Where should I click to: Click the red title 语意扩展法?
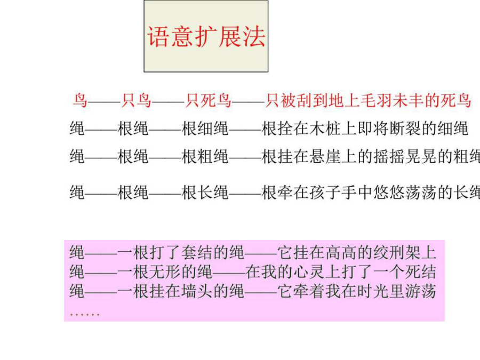[206, 36]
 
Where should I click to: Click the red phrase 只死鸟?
[208, 100]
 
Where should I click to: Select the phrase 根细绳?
[205, 128]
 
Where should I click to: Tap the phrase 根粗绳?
[205, 156]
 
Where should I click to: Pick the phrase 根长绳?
[205, 193]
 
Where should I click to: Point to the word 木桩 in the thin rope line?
[324, 128]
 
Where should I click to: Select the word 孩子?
[324, 193]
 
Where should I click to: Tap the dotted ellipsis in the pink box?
[84, 314]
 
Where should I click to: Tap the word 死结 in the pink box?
[420, 272]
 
